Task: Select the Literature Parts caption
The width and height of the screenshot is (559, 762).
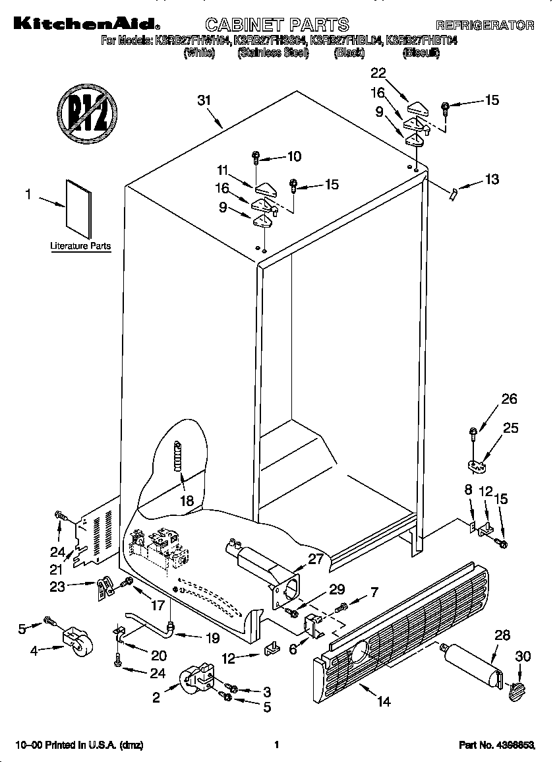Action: [80, 246]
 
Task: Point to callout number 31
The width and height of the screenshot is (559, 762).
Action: [204, 100]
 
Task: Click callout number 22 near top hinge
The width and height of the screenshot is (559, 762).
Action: [378, 73]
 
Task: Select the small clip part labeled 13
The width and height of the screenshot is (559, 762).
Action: [452, 193]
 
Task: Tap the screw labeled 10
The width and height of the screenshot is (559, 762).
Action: [256, 157]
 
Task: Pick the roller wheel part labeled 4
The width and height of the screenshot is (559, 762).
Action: [77, 641]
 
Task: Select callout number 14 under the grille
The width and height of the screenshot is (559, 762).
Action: [384, 701]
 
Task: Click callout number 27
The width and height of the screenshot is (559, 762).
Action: [317, 558]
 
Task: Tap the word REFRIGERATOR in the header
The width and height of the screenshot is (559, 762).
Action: [485, 26]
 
